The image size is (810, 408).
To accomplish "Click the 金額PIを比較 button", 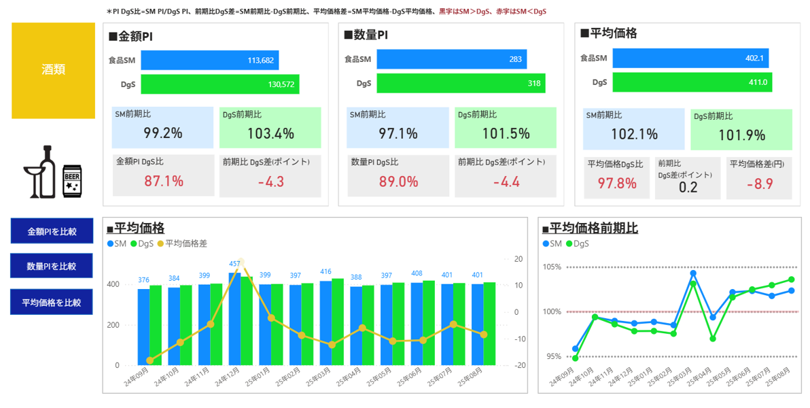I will click(52, 231).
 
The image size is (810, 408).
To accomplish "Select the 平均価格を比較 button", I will click(52, 302).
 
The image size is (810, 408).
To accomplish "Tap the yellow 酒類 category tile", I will click(53, 70).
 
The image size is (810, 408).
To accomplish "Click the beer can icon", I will click(72, 181).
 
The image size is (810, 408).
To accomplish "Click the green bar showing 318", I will click(461, 84).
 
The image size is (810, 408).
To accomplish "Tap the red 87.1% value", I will click(164, 181).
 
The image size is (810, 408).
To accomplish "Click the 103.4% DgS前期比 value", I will click(270, 133).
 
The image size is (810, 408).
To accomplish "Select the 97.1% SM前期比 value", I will click(398, 133).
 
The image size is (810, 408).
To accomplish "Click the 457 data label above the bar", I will click(235, 264).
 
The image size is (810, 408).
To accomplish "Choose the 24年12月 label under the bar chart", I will click(226, 377).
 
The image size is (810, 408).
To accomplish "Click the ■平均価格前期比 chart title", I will click(594, 228).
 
